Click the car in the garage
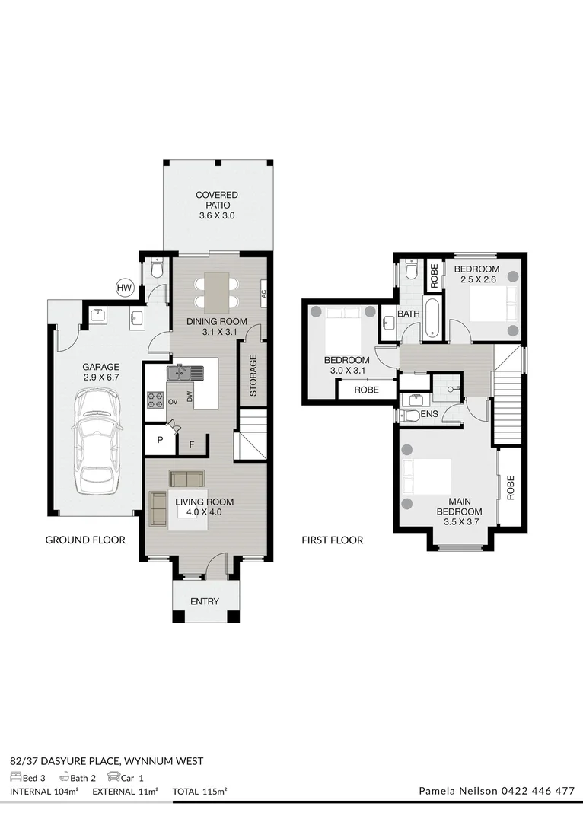[97, 441]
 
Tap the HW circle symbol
[124, 288]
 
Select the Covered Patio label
[217, 205]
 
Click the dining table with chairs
[217, 292]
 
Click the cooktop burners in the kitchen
[155, 400]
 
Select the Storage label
[253, 374]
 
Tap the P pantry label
[160, 441]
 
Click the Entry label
[205, 601]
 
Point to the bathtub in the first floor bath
[432, 318]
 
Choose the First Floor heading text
[332, 540]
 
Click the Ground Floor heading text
[85, 540]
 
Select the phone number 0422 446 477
[537, 791]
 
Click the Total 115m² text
[200, 792]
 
